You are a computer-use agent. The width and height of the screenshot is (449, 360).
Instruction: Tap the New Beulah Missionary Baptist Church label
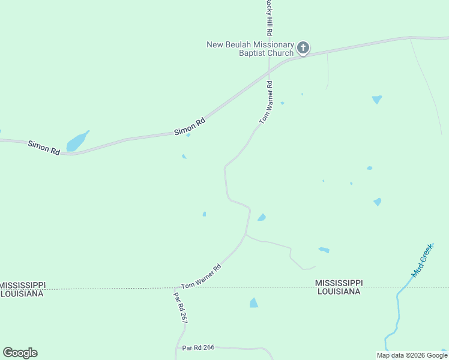click(x=250, y=49)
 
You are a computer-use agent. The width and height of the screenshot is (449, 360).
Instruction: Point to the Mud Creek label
click(x=422, y=260)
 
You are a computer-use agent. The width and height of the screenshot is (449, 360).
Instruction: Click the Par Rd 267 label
click(x=181, y=308)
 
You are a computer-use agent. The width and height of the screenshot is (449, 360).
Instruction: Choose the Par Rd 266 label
click(x=199, y=347)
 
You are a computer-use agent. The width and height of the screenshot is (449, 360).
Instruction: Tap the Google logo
click(x=20, y=353)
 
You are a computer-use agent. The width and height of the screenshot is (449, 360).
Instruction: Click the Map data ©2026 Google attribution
click(x=412, y=355)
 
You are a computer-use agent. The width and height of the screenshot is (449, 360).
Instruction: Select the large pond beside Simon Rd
click(x=76, y=142)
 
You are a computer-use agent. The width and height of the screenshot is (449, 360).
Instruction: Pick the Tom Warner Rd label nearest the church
click(x=266, y=103)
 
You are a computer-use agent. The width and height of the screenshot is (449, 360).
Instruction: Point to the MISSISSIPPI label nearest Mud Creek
click(x=339, y=283)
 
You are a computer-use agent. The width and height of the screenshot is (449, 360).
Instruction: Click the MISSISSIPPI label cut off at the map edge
click(x=22, y=284)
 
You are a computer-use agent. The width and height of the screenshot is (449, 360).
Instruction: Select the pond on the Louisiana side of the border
click(x=254, y=303)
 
